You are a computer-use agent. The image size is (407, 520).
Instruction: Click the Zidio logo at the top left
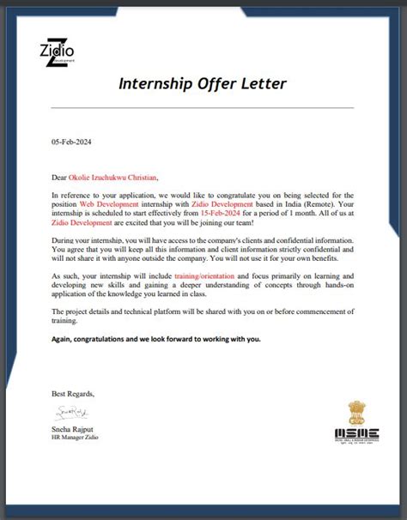pos(57,52)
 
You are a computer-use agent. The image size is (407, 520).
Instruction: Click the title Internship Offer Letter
pos(203,84)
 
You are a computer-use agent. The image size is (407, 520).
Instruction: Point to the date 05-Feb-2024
pos(70,143)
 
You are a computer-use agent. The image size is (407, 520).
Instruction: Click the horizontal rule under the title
pos(203,108)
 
